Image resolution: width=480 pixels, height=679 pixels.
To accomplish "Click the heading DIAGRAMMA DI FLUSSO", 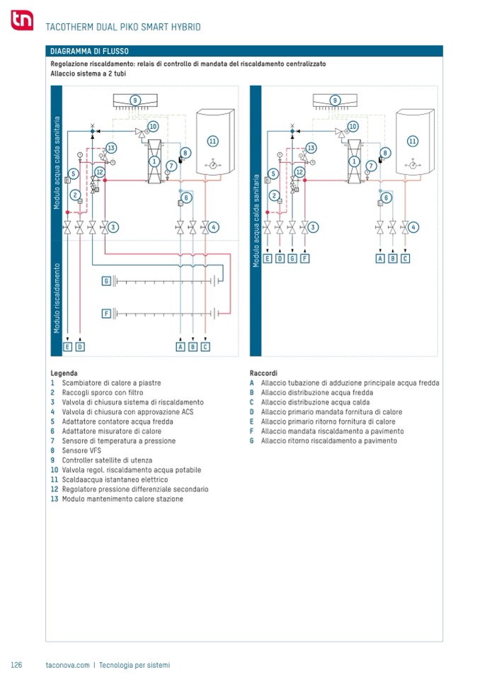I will tap(88, 51).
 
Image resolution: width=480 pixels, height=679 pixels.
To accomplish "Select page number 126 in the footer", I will tap(17, 665).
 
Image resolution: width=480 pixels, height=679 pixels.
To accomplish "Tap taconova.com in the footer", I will tap(67, 665).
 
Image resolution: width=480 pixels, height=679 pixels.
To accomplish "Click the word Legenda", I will tap(64, 373).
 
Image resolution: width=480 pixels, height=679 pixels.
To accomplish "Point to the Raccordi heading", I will tap(263, 373).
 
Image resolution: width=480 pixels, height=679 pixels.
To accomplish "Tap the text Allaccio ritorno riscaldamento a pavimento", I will tap(328, 441).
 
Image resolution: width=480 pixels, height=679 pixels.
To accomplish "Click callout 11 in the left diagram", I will tap(212, 141).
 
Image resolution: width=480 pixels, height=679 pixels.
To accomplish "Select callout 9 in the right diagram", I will tap(335, 101).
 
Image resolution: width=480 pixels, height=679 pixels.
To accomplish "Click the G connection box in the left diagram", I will tap(106, 281).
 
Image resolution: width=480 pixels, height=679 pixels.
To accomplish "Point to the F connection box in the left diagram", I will tap(106, 313).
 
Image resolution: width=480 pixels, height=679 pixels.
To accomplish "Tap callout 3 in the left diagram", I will tap(113, 227).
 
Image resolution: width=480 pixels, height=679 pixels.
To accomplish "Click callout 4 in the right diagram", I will tap(413, 227).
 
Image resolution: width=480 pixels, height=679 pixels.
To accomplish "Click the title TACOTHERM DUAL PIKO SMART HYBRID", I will tap(122, 27).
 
